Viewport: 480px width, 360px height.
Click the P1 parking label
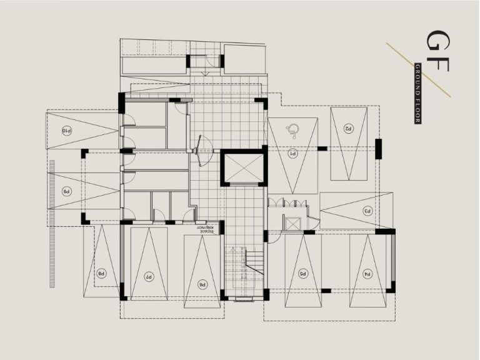point(292,153)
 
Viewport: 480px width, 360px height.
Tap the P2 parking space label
point(349,128)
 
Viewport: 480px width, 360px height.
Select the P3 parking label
point(368,211)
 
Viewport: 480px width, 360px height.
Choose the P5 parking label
point(302,273)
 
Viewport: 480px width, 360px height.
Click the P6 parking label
point(202,284)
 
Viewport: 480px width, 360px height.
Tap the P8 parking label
point(100,273)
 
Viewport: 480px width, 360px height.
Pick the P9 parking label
point(66,191)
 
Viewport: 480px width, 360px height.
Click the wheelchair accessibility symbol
point(291,131)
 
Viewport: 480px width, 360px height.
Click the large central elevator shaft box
point(241,167)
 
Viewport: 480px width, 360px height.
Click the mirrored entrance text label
point(207,229)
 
